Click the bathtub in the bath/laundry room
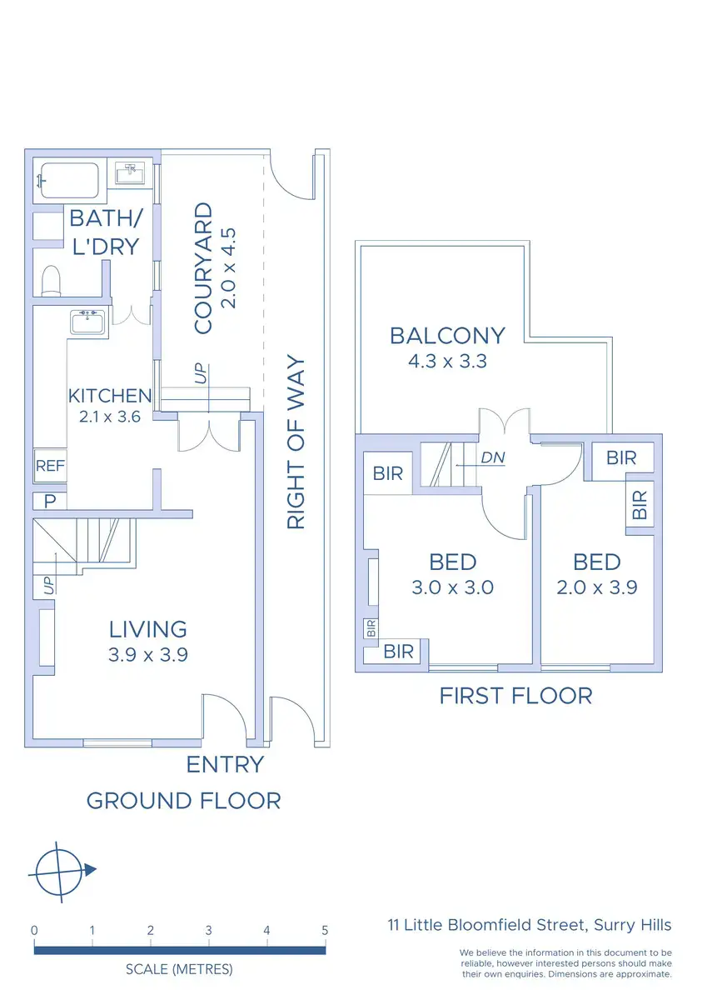pyautogui.click(x=69, y=181)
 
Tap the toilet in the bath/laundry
pyautogui.click(x=51, y=281)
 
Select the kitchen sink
pyautogui.click(x=88, y=322)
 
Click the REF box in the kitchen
pyautogui.click(x=50, y=466)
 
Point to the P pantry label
pyautogui.click(x=50, y=502)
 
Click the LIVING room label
pyautogui.click(x=148, y=629)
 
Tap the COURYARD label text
pyautogui.click(x=203, y=267)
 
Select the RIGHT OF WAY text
pyautogui.click(x=296, y=442)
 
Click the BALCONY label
pyautogui.click(x=447, y=336)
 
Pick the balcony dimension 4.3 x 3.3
pyautogui.click(x=447, y=361)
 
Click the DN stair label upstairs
pyautogui.click(x=493, y=457)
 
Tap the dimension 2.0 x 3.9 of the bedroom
pyautogui.click(x=597, y=587)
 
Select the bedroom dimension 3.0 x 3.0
pyautogui.click(x=453, y=587)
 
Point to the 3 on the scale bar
pyautogui.click(x=209, y=931)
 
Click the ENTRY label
pyautogui.click(x=226, y=764)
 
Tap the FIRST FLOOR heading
pyautogui.click(x=516, y=696)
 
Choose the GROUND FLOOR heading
pyautogui.click(x=184, y=801)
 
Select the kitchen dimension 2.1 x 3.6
pyautogui.click(x=110, y=417)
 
